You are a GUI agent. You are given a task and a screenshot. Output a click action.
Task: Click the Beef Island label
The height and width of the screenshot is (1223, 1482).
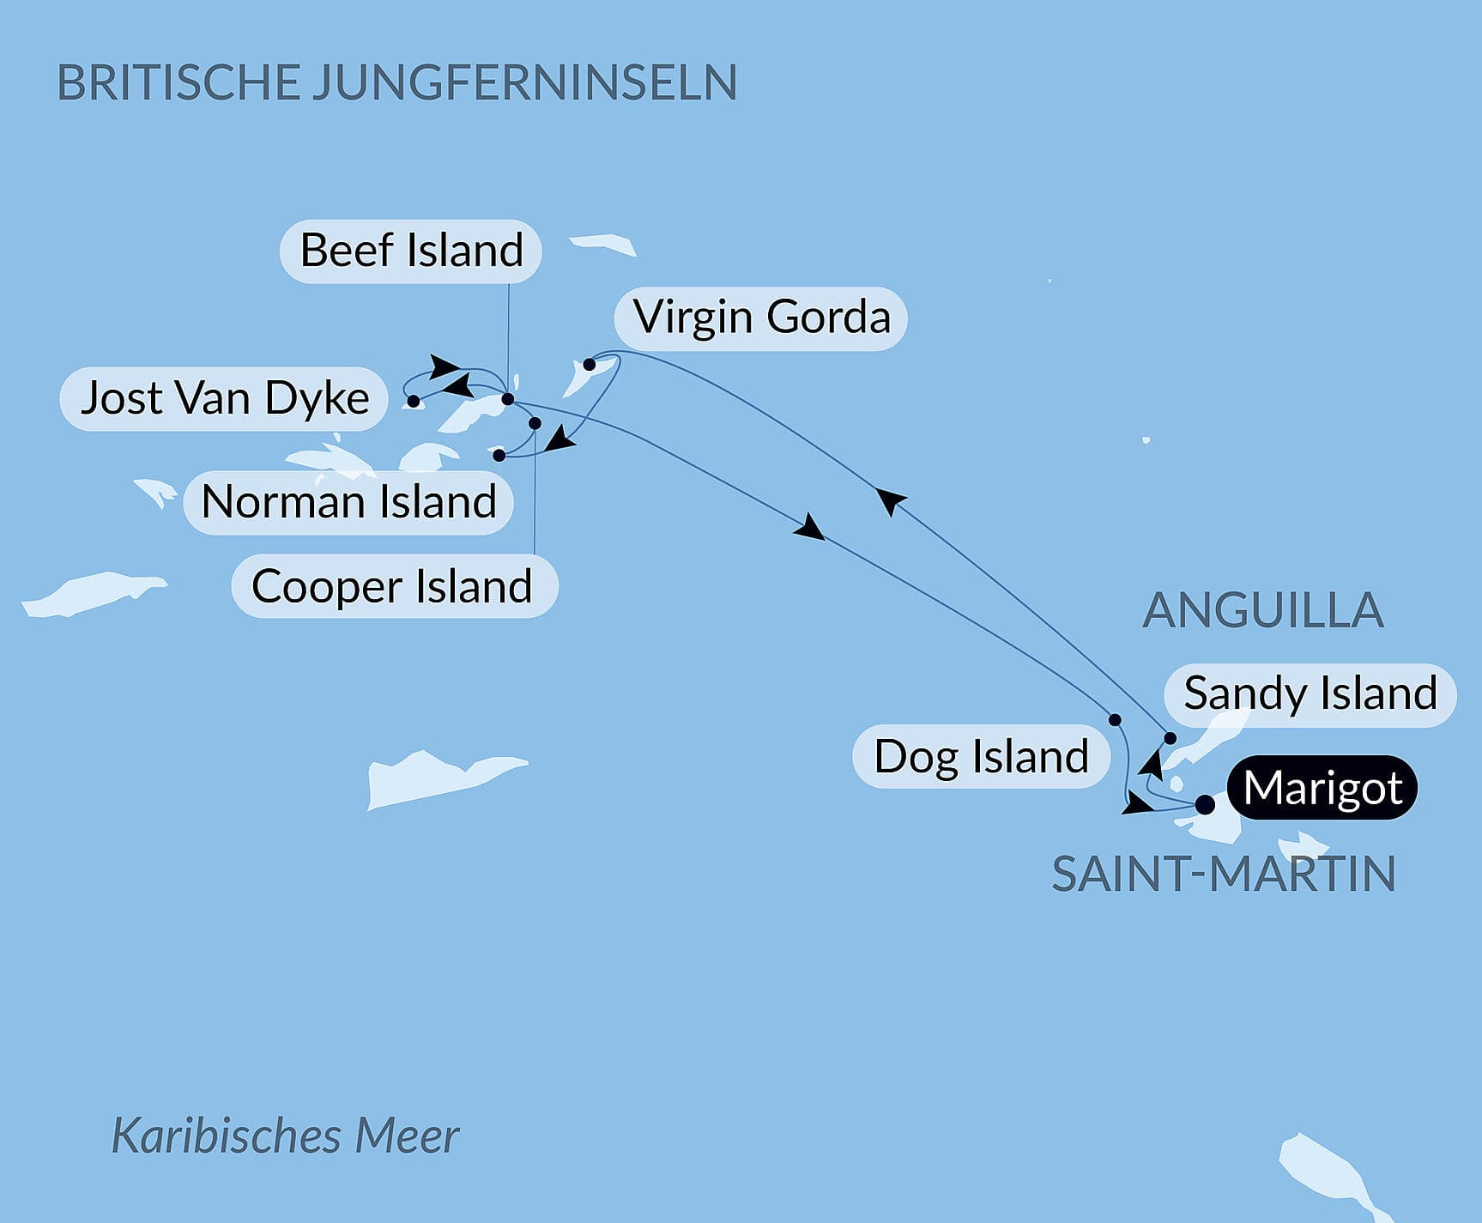[x=411, y=251]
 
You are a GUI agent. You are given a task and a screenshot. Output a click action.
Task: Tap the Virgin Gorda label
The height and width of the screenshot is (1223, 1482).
[x=761, y=318]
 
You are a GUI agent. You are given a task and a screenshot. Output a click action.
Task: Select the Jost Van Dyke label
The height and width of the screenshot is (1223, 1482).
[x=224, y=399]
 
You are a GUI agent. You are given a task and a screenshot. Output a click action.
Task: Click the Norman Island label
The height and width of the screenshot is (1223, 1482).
[x=348, y=502]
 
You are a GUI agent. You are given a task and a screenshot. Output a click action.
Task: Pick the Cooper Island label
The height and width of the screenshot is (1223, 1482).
[x=394, y=587]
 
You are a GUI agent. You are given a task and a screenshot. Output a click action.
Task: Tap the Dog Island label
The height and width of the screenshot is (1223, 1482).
[x=980, y=757]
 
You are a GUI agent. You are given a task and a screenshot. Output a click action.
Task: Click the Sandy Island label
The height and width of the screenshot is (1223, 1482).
[x=1310, y=693]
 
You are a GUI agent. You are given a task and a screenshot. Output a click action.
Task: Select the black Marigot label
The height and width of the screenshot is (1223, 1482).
[x=1322, y=788]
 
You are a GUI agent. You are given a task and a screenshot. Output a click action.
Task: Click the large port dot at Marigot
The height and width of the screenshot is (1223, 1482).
[x=1205, y=804]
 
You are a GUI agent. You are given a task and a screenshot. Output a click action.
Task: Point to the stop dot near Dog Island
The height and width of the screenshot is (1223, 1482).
[x=1115, y=720]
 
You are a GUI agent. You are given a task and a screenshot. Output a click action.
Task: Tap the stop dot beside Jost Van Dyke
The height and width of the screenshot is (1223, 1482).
[x=413, y=401]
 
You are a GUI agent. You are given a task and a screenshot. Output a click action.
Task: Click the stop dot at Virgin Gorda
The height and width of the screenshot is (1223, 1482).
[x=590, y=365]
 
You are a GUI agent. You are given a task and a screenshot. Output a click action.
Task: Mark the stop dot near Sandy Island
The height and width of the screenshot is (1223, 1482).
[x=1170, y=738]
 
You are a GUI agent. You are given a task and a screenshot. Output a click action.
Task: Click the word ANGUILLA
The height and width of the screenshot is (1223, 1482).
[x=1262, y=610]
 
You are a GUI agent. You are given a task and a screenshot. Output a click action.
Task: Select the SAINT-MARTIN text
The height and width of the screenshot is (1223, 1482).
[x=1223, y=875]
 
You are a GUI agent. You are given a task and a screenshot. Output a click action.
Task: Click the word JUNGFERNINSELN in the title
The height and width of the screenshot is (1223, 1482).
[x=523, y=82]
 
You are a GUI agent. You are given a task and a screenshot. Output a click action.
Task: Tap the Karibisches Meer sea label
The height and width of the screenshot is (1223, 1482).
[x=285, y=1135]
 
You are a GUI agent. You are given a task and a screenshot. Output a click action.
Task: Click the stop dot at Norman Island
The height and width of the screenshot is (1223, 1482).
[x=499, y=455]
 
